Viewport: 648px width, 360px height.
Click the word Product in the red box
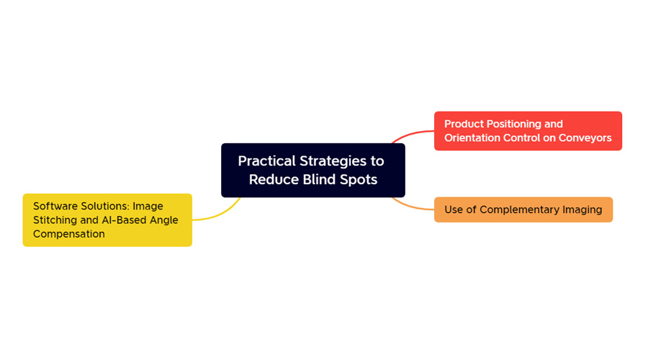pyautogui.click(x=464, y=124)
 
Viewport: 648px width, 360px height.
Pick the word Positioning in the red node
pyautogui.click(x=513, y=125)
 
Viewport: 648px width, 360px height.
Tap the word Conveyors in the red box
pyautogui.click(x=585, y=138)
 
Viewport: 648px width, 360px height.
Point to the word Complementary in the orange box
pyautogui.click(x=519, y=210)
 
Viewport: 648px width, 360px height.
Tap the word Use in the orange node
pyautogui.click(x=454, y=210)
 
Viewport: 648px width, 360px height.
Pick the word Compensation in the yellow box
pyautogui.click(x=69, y=234)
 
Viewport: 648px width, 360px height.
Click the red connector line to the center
pyautogui.click(x=410, y=134)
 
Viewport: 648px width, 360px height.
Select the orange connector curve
pyautogui.click(x=411, y=206)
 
